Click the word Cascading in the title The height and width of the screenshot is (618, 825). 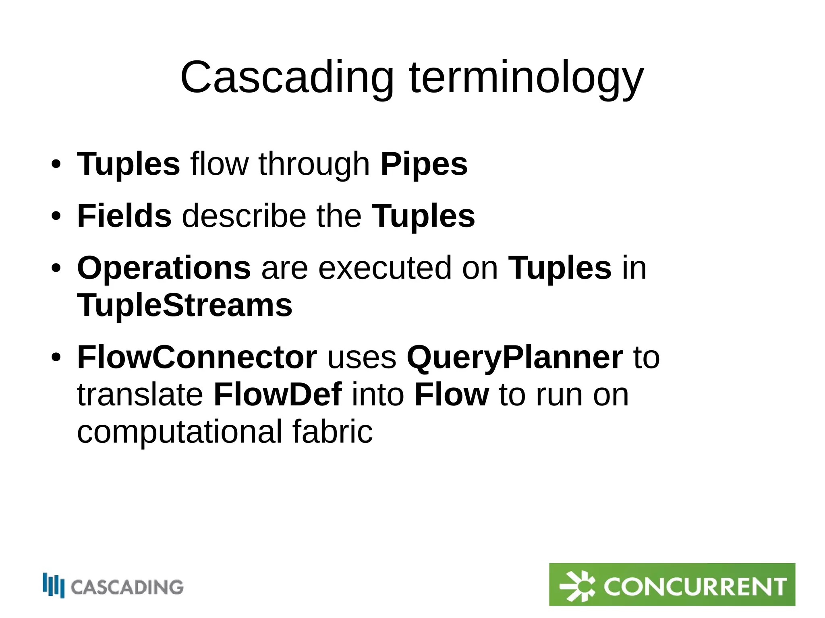pyautogui.click(x=287, y=77)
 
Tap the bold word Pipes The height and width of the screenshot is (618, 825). pyautogui.click(x=424, y=164)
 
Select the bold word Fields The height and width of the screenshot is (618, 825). pyautogui.click(x=124, y=216)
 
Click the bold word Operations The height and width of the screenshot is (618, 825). pyautogui.click(x=164, y=268)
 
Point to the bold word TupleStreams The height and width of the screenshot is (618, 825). pyautogui.click(x=184, y=305)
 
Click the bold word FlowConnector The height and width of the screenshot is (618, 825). pyautogui.click(x=197, y=357)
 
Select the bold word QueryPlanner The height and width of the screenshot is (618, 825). pyautogui.click(x=514, y=357)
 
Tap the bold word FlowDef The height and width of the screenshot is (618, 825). pyautogui.click(x=278, y=395)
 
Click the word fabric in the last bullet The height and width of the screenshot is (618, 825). pyautogui.click(x=333, y=432)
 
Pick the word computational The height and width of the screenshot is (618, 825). pyautogui.click(x=180, y=432)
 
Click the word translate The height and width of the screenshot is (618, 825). pyautogui.click(x=140, y=395)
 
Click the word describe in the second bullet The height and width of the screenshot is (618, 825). pyautogui.click(x=244, y=216)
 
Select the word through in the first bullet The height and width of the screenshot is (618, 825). pyautogui.click(x=314, y=164)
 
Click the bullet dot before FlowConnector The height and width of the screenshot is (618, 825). pyautogui.click(x=56, y=357)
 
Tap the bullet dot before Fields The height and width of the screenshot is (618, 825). pyautogui.click(x=56, y=216)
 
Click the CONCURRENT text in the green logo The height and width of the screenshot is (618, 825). pyautogui.click(x=694, y=587)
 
